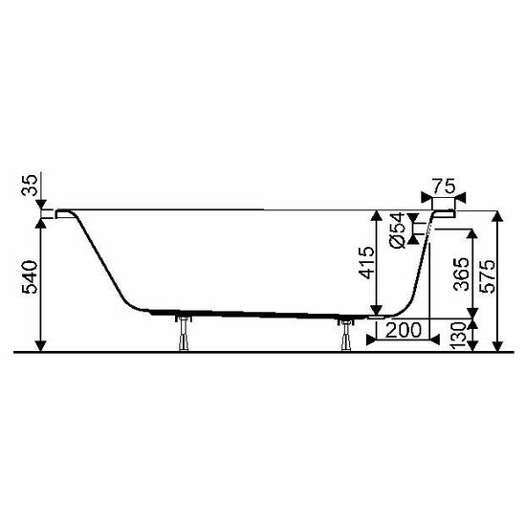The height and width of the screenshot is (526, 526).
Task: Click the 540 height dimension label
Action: pyautogui.click(x=30, y=277)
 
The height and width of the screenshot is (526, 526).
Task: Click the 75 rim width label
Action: pyautogui.click(x=443, y=185)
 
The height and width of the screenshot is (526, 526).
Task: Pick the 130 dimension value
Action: pyautogui.click(x=461, y=334)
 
